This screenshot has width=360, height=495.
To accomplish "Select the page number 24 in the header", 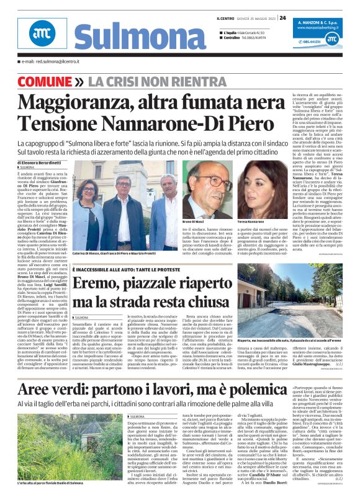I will point(282,17).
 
